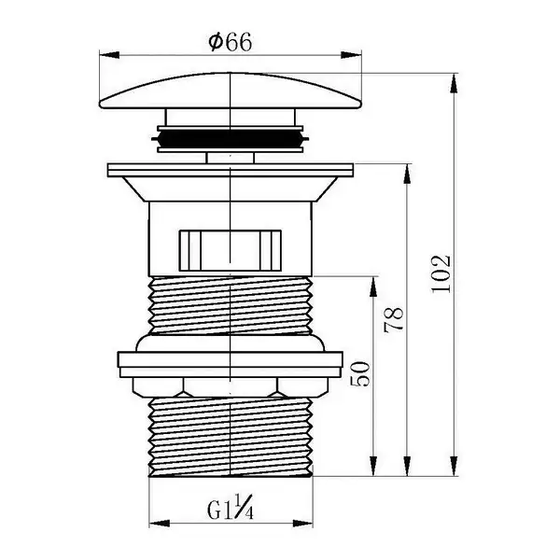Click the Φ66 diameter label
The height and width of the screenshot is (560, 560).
point(231,42)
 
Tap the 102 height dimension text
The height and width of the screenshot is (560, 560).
point(441,273)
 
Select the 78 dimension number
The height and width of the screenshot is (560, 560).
point(393,319)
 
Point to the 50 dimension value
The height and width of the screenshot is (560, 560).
point(359,374)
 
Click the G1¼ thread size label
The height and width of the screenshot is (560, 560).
point(231,507)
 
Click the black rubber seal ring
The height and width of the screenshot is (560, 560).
point(231,138)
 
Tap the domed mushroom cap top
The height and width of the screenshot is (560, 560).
point(231,91)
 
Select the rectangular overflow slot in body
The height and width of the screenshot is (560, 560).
point(230,250)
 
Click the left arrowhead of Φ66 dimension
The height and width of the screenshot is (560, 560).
point(109,55)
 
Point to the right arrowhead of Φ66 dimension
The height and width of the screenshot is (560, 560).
point(352,55)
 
